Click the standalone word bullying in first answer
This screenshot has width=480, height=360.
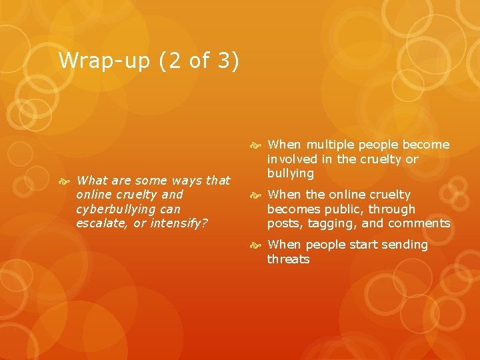(290, 174)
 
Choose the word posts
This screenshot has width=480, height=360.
(284, 224)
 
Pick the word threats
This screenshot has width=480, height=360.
(288, 259)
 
